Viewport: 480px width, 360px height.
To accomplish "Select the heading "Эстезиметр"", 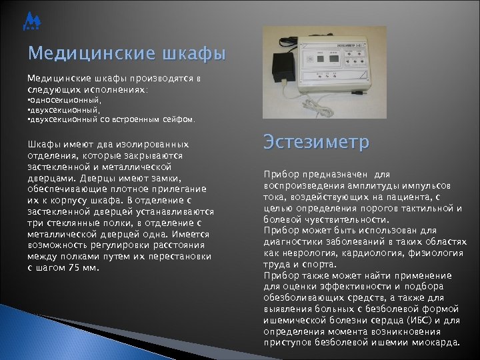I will (x=316, y=143).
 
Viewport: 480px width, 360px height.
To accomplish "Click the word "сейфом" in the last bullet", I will (x=177, y=120).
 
